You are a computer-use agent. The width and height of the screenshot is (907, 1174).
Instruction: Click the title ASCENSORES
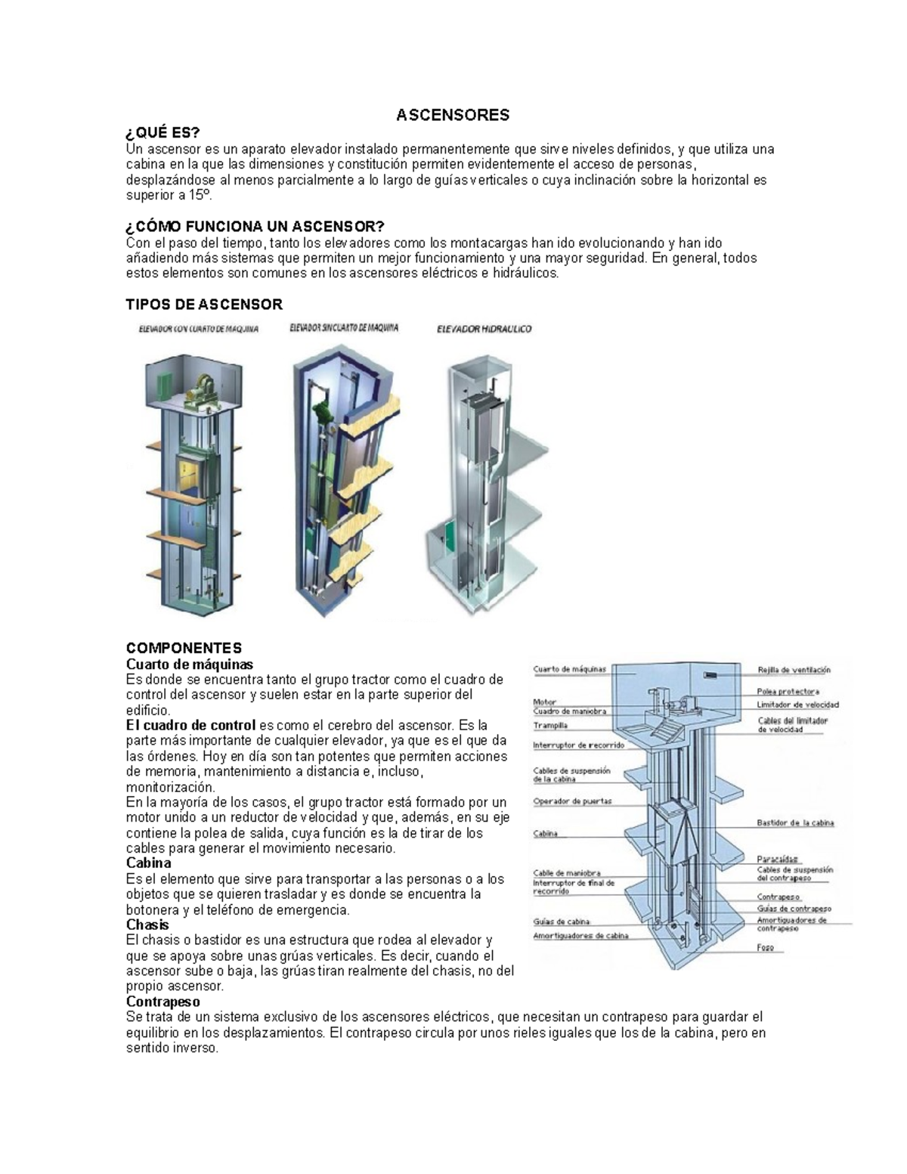point(453,115)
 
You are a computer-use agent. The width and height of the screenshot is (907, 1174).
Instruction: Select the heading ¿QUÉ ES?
point(163,134)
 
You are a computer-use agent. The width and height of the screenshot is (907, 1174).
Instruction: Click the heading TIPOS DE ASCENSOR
point(204,305)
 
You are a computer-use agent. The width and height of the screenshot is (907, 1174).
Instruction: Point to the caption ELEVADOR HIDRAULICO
point(484,329)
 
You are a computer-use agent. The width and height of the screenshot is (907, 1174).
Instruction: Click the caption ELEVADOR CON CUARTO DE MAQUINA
point(198,330)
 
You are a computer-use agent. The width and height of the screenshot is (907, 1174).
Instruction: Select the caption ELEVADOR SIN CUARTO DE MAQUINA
point(344,328)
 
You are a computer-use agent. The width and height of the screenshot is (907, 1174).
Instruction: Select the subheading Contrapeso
point(163,1002)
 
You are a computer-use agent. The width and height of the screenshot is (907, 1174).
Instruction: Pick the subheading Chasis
point(147,925)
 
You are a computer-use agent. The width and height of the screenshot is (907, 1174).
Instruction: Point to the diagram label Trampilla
point(550,726)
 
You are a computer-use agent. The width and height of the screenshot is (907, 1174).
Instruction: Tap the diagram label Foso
point(765,947)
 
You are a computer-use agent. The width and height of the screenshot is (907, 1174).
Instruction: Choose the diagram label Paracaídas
point(777,859)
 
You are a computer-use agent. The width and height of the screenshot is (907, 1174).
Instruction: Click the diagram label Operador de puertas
point(572,801)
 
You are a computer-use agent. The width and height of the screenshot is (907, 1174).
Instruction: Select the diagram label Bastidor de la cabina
point(795,822)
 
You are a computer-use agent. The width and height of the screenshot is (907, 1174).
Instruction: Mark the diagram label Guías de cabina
point(561,922)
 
